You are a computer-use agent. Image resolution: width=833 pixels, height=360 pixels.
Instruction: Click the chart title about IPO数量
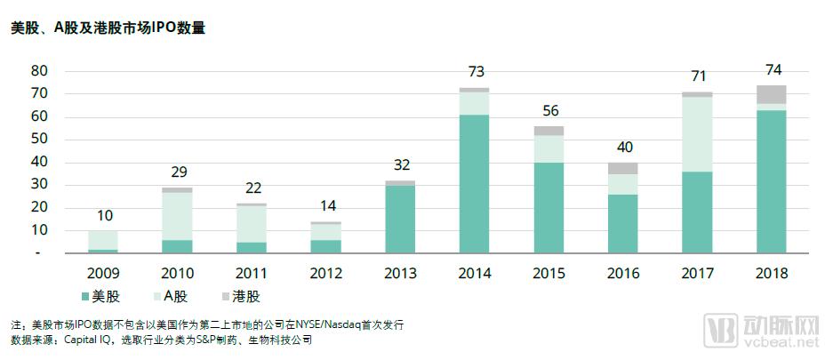[x=108, y=28]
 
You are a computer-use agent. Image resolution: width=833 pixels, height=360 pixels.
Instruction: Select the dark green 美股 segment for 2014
[x=475, y=184]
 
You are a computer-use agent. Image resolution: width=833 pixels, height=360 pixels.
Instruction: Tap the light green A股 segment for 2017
[x=698, y=134]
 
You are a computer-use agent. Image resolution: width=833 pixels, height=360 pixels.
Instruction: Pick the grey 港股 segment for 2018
[x=772, y=94]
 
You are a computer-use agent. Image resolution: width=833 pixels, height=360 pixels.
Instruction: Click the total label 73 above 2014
[x=475, y=72]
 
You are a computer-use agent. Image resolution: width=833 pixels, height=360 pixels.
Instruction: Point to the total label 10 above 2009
[x=103, y=216]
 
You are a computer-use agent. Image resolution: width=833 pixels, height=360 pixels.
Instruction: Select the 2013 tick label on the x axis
[x=400, y=274]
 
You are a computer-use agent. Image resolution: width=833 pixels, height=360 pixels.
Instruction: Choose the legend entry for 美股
[x=100, y=296]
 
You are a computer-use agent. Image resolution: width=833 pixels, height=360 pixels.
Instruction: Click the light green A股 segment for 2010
[x=177, y=216]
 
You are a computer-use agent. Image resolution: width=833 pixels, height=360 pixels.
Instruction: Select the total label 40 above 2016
[x=623, y=148]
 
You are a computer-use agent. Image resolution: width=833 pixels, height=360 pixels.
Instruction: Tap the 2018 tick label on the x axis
[x=772, y=274]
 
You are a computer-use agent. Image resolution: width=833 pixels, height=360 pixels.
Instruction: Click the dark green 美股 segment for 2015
[x=549, y=208]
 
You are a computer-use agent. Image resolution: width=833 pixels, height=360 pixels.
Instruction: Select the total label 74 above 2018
[x=772, y=70]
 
